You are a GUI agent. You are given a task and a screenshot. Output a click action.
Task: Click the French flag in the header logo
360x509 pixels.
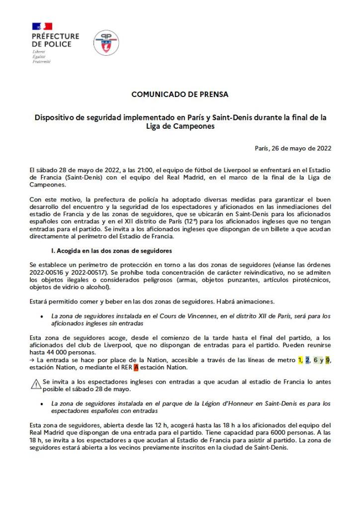pos(42,26)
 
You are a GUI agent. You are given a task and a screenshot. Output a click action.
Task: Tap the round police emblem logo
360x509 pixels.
pos(106,42)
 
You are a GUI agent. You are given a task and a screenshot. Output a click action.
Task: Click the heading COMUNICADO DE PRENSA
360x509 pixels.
pos(180,94)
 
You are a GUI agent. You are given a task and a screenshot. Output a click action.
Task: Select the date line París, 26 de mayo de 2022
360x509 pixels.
pos(293,148)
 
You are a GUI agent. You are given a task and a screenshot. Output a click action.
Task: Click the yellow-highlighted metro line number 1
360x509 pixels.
pos(300,360)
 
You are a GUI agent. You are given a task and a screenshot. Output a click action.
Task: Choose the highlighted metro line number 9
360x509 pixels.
pos(328,360)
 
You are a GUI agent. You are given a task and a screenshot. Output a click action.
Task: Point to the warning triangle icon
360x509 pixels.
pos(36,384)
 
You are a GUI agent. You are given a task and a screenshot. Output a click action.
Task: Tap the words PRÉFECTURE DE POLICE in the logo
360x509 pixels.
pos(55,40)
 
